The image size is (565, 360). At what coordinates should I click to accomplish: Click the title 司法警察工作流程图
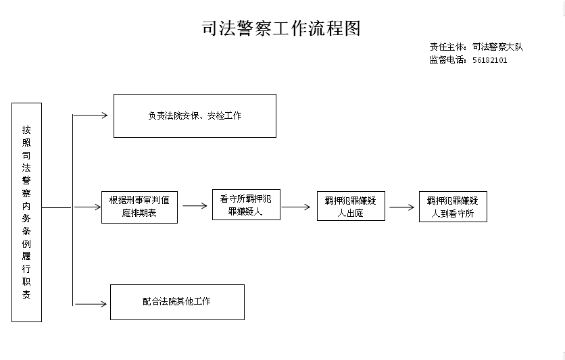coord(281,28)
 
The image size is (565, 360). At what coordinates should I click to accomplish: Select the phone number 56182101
coord(490,60)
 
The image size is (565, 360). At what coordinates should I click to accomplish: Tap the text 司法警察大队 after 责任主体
coord(497,47)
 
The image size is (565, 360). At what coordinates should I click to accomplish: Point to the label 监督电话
coord(447,59)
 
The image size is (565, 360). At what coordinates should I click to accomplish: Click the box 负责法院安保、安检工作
coord(195,116)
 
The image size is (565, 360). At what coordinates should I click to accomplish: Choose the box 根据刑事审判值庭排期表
coord(139,207)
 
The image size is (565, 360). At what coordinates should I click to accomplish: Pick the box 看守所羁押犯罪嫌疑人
coord(246,205)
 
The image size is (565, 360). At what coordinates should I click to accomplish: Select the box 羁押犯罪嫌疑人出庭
coord(351,206)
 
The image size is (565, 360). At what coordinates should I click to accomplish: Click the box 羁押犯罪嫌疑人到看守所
coord(453,207)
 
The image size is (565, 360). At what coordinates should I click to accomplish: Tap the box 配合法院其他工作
coord(177,303)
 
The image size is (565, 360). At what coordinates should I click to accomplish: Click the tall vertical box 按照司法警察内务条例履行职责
coord(26,212)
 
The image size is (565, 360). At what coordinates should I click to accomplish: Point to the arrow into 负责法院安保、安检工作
coord(90,115)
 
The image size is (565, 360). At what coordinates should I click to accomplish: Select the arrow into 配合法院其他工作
coord(90,304)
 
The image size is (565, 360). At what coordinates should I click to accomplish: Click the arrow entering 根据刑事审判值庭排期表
coord(88,207)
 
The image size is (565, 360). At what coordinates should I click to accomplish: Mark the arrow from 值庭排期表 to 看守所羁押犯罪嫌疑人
coord(195,206)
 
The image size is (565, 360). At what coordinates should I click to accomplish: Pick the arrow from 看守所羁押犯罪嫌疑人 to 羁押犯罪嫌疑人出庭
coord(296,207)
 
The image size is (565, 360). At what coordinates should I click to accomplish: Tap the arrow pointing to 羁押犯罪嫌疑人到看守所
coord(401,207)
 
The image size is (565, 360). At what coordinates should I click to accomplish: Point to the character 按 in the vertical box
coord(26,130)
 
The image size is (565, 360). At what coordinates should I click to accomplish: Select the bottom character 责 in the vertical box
coord(26,294)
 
